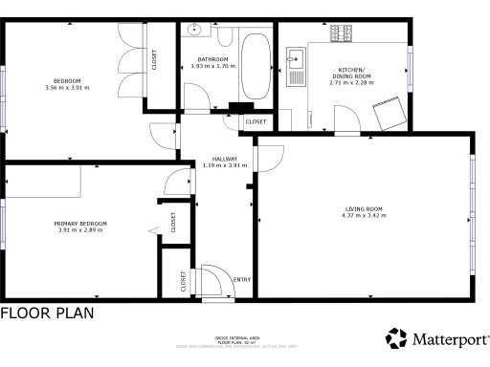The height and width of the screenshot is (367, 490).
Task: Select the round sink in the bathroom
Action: click(195, 30)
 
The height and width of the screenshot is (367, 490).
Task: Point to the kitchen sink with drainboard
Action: click(296, 63)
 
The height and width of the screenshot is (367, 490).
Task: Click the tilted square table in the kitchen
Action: click(391, 113)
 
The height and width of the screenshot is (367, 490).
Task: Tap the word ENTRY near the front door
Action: click(242, 279)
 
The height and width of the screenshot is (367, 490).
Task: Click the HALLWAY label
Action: click(225, 159)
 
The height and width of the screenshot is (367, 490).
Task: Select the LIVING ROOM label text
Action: click(364, 208)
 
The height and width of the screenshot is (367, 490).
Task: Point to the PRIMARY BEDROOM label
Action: click(80, 224)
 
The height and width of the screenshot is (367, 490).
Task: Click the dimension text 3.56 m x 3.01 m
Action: click(67, 88)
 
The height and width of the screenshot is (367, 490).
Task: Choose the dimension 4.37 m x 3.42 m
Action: click(364, 216)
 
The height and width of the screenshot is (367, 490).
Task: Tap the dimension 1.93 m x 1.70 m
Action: click(212, 67)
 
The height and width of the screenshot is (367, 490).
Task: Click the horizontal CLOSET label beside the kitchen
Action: click(256, 122)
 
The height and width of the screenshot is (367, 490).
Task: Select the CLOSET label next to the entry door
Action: click(183, 281)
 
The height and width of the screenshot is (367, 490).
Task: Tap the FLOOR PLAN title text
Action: click(47, 313)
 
